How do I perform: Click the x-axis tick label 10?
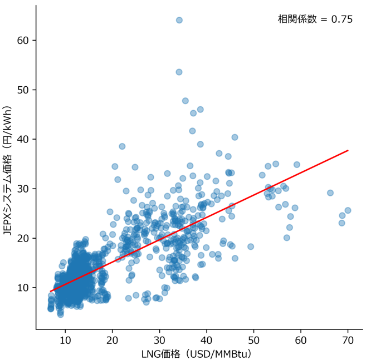pyautogui.click(x=65, y=339)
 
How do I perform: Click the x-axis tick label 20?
pyautogui.click(x=113, y=339)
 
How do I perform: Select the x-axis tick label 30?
pyautogui.click(x=159, y=339)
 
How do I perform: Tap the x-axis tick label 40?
pyautogui.click(x=207, y=339)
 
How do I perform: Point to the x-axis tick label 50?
pyautogui.click(x=253, y=339)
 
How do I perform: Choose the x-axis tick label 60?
pyautogui.click(x=301, y=339)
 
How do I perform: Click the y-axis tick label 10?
pyautogui.click(x=22, y=288)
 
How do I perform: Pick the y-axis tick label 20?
pyautogui.click(x=22, y=238)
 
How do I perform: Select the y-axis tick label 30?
pyautogui.click(x=22, y=189)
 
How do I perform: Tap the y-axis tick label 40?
pyautogui.click(x=22, y=139)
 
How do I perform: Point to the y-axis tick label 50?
pyautogui.click(x=22, y=90)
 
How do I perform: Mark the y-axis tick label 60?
pyautogui.click(x=22, y=40)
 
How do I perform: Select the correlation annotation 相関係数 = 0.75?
pyautogui.click(x=315, y=19)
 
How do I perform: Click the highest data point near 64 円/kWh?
pyautogui.click(x=179, y=20)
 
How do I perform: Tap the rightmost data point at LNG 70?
pyautogui.click(x=348, y=210)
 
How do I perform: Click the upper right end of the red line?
pyautogui.click(x=348, y=150)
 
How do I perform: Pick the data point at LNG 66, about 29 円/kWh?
pyautogui.click(x=330, y=193)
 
